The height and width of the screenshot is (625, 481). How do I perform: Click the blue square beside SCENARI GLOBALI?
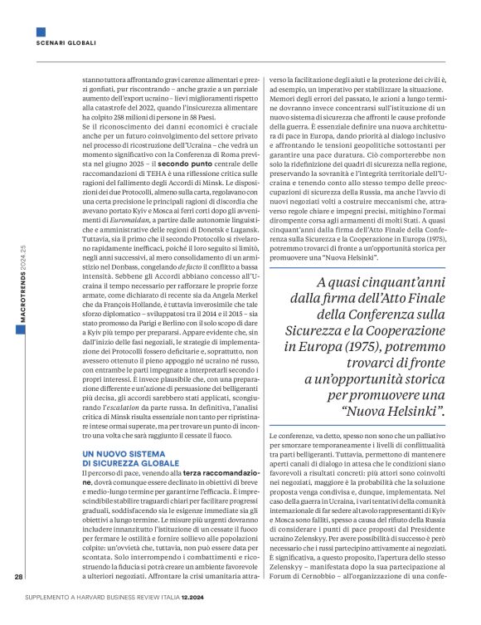point(41,32)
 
